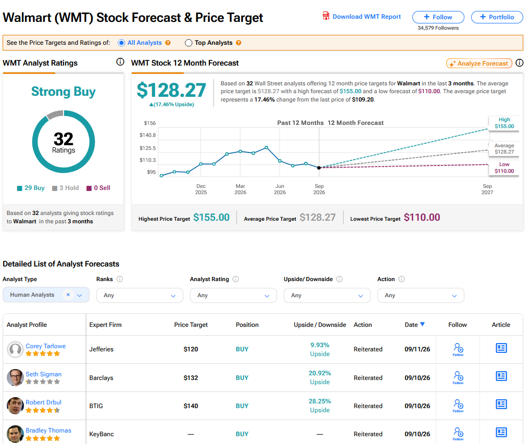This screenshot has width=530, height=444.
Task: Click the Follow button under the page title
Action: (438, 17)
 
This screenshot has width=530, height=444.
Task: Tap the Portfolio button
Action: (497, 17)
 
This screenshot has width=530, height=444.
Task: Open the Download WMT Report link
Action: (362, 16)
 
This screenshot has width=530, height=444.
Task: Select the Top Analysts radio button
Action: (188, 43)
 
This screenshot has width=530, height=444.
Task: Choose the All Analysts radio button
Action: (121, 43)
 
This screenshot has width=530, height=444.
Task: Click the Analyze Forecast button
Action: (479, 63)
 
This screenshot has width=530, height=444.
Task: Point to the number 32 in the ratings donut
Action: (64, 138)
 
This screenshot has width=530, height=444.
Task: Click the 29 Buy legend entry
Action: (31, 188)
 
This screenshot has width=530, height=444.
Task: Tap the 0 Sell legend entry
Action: (98, 188)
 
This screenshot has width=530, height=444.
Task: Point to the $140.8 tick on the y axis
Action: (148, 135)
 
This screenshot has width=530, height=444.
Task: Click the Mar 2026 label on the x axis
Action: (241, 189)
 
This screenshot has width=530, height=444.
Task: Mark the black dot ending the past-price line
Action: (319, 168)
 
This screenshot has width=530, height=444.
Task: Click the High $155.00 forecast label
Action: (504, 123)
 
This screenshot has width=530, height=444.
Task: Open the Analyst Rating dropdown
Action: (233, 295)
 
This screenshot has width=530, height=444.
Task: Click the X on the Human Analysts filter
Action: (68, 295)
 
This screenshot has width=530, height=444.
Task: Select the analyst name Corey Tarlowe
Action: (46, 346)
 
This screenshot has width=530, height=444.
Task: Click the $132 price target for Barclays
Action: (191, 378)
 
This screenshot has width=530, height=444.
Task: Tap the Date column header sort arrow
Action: (422, 324)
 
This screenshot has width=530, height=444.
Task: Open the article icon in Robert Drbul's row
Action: (501, 404)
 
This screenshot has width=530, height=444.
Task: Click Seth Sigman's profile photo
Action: (15, 377)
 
